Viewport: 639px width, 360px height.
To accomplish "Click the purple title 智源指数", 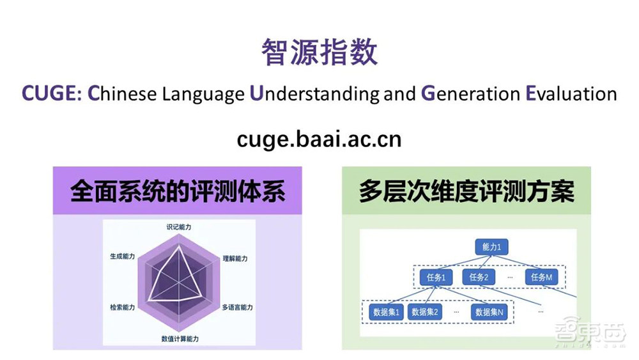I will (319, 52).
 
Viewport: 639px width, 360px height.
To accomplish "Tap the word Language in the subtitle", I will (203, 94).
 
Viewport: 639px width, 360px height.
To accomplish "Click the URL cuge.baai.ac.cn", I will (319, 139).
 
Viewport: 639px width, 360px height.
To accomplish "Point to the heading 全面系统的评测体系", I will (177, 192).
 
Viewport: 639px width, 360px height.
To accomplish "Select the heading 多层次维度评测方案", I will (466, 192).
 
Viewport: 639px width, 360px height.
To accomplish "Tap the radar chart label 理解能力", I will (235, 258).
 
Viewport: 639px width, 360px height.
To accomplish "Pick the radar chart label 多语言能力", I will (237, 308).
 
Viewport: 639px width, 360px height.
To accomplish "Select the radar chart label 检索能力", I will (122, 308).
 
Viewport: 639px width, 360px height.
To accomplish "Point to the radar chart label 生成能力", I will (123, 256).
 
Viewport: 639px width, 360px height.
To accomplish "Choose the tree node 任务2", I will (479, 278).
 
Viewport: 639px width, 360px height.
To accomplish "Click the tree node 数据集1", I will (385, 312).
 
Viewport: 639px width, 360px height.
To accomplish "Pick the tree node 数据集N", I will (489, 312).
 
